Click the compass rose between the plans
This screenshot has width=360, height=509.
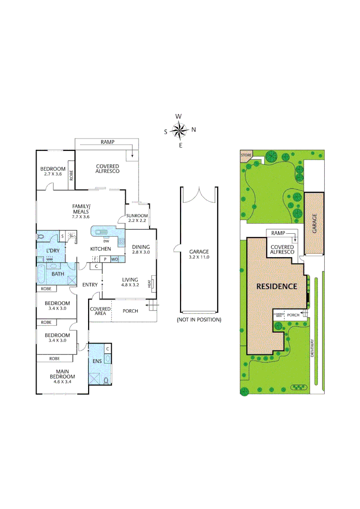[x=180, y=131]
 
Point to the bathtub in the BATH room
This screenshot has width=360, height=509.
[x=41, y=275]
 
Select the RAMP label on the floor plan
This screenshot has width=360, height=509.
[x=107, y=142]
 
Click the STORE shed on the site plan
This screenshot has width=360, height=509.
[x=246, y=155]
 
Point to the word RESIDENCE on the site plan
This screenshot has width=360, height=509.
[x=277, y=286]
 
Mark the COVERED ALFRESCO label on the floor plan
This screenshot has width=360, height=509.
[x=107, y=169]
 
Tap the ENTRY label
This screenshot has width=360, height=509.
[x=90, y=285]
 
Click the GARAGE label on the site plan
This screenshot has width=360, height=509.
[x=314, y=222]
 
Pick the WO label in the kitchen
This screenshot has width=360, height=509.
[x=115, y=259]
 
